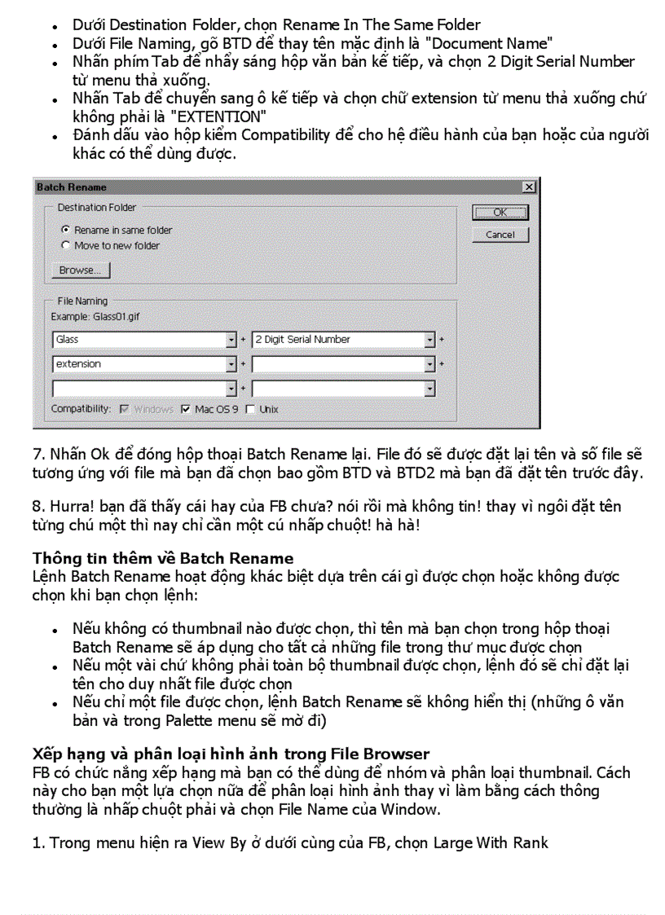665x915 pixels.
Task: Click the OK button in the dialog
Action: (x=500, y=213)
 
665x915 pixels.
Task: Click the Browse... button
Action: (x=80, y=271)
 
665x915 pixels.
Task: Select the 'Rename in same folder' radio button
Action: (x=66, y=231)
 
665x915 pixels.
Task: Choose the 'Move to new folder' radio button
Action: (x=66, y=245)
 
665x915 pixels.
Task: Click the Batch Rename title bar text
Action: (x=72, y=187)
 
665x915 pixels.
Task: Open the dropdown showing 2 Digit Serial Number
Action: (x=429, y=340)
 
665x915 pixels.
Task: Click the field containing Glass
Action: (x=139, y=340)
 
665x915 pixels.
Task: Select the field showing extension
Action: (x=139, y=364)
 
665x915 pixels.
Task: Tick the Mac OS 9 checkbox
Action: (x=186, y=409)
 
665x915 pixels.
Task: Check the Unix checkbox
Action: (x=250, y=409)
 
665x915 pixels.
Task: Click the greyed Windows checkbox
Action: (x=124, y=409)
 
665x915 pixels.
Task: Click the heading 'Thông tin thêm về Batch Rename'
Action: (x=163, y=558)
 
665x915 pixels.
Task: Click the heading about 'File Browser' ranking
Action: (x=231, y=754)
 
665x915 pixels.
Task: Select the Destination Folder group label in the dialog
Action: (x=97, y=208)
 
